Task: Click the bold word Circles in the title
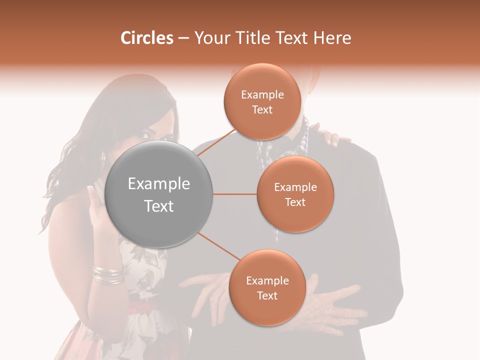(x=147, y=38)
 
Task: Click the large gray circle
(x=159, y=194)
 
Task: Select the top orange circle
(x=262, y=101)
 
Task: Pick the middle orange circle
(x=295, y=194)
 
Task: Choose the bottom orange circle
(x=267, y=287)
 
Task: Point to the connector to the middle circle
(x=235, y=194)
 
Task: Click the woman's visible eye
(x=146, y=135)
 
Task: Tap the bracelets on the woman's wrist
(x=108, y=274)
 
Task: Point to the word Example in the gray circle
(x=159, y=184)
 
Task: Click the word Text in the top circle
(x=262, y=110)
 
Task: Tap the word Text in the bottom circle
(x=267, y=296)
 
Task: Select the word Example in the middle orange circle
(x=295, y=187)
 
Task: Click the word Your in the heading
(x=210, y=38)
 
